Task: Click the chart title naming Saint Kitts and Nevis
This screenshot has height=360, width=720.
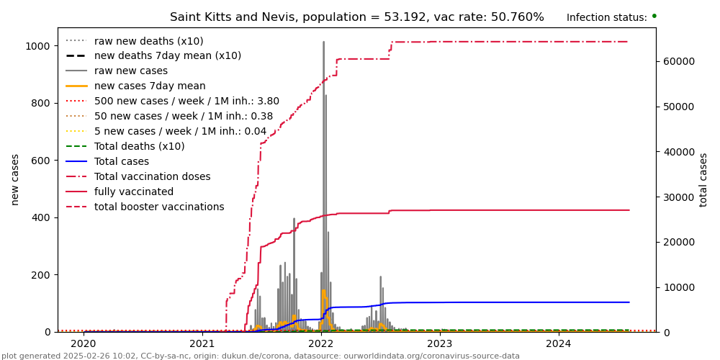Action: click(356, 17)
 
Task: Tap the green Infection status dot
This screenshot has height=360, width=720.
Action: click(654, 16)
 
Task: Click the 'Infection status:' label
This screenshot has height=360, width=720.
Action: click(606, 17)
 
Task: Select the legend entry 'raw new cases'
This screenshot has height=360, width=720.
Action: click(130, 71)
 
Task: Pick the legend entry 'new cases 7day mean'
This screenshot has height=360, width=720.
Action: click(150, 86)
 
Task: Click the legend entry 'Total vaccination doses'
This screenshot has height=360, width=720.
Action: click(152, 176)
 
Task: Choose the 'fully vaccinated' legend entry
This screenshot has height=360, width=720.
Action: click(133, 192)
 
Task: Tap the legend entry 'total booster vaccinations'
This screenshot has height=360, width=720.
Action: click(159, 207)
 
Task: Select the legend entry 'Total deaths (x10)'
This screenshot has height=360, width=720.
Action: click(139, 146)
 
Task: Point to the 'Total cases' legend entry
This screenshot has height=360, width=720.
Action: click(121, 161)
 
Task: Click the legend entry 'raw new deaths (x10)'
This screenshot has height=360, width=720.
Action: click(148, 41)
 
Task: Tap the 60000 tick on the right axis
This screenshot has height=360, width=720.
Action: click(678, 61)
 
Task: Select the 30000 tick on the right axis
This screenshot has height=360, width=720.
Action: click(678, 197)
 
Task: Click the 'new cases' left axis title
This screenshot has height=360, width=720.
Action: click(15, 179)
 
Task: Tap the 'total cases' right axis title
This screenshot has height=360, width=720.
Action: click(703, 179)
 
